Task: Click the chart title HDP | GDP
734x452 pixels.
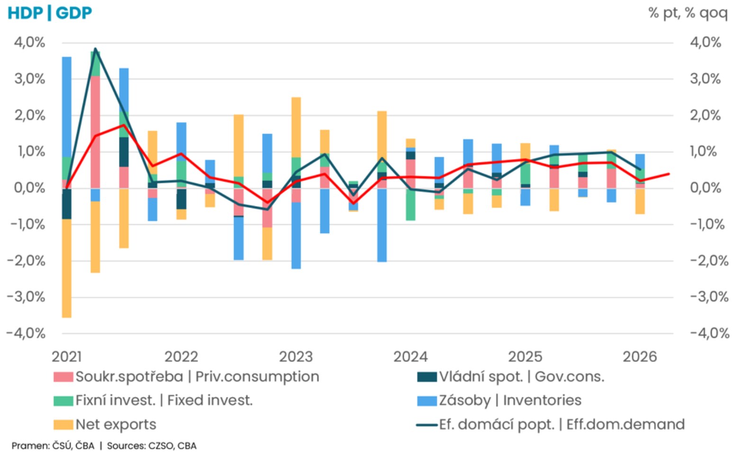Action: coord(49,13)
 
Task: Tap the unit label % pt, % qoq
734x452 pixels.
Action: coord(688,14)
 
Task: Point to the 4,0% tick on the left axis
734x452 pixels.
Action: coord(29,43)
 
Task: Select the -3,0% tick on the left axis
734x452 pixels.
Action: coord(26,298)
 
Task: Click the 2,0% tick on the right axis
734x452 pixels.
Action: coord(706,115)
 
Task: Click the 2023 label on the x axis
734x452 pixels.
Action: coord(296,357)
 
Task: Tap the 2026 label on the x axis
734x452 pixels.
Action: coord(640,357)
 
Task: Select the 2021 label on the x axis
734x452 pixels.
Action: coord(66,357)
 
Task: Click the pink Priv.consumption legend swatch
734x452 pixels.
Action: coord(63,377)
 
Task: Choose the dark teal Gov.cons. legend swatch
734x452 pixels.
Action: coord(427,377)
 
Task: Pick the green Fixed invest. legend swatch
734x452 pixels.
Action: coord(63,401)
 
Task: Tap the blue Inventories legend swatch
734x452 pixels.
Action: coord(427,401)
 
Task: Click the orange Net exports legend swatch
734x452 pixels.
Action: coord(63,425)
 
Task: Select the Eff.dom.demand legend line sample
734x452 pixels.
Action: coord(427,425)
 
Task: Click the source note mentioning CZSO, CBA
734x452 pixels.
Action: coord(152,446)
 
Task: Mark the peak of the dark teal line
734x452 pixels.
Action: coord(95,49)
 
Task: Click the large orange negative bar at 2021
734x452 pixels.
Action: coord(67,268)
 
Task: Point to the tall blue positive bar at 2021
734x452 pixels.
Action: coord(67,107)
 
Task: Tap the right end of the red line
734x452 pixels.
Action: coord(669,174)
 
